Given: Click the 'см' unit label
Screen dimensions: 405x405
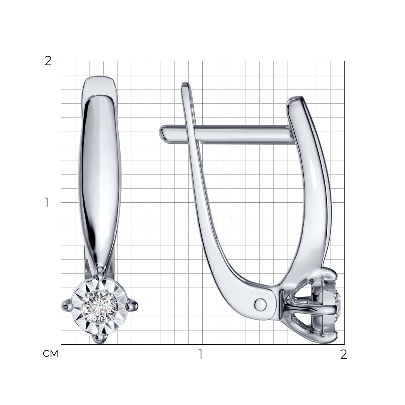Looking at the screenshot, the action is (x=50, y=354).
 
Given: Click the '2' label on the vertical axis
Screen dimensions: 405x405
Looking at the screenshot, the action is (x=48, y=61).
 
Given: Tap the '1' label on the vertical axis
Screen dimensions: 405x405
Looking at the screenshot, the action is (x=47, y=202).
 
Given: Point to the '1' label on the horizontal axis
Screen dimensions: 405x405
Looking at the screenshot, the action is (x=200, y=355).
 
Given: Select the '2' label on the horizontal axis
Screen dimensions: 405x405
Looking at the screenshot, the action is (x=343, y=355).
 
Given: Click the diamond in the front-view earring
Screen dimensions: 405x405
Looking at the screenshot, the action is (x=100, y=307).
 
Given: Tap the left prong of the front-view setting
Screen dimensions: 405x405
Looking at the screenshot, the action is (x=67, y=305).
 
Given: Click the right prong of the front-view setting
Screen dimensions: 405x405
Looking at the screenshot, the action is (x=132, y=305).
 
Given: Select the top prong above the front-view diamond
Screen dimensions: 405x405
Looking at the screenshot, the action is (x=100, y=271).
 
